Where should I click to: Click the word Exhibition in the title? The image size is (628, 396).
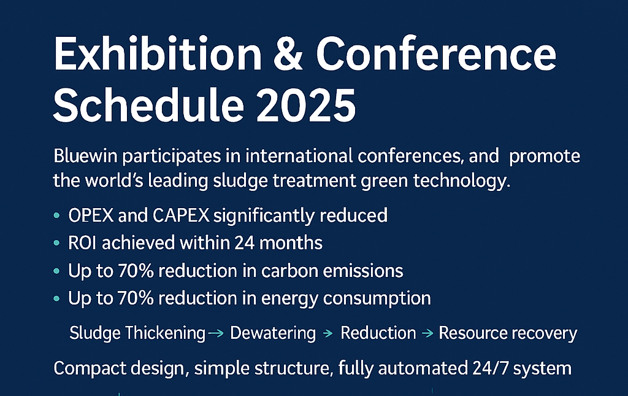pos(158,54)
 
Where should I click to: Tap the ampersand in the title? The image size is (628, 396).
pos(288,54)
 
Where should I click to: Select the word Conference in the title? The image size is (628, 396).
pos(436,54)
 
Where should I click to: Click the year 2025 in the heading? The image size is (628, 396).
pos(306,105)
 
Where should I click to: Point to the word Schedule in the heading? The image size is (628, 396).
pos(148,105)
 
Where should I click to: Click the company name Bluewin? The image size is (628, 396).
pos(85,156)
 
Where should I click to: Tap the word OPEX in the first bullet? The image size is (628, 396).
pos(91,215)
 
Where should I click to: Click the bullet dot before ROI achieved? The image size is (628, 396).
pos(56,243)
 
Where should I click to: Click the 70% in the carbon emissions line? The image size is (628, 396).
pos(136,271)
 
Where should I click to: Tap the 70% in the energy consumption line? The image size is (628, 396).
pos(136,298)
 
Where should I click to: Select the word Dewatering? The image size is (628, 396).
pos(273,333)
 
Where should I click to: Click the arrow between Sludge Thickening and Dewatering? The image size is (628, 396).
pos(216,333)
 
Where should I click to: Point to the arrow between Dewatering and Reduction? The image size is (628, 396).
pos(328,333)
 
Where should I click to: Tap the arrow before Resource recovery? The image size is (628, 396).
pos(427,333)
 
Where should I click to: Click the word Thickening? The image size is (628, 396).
pos(165,333)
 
